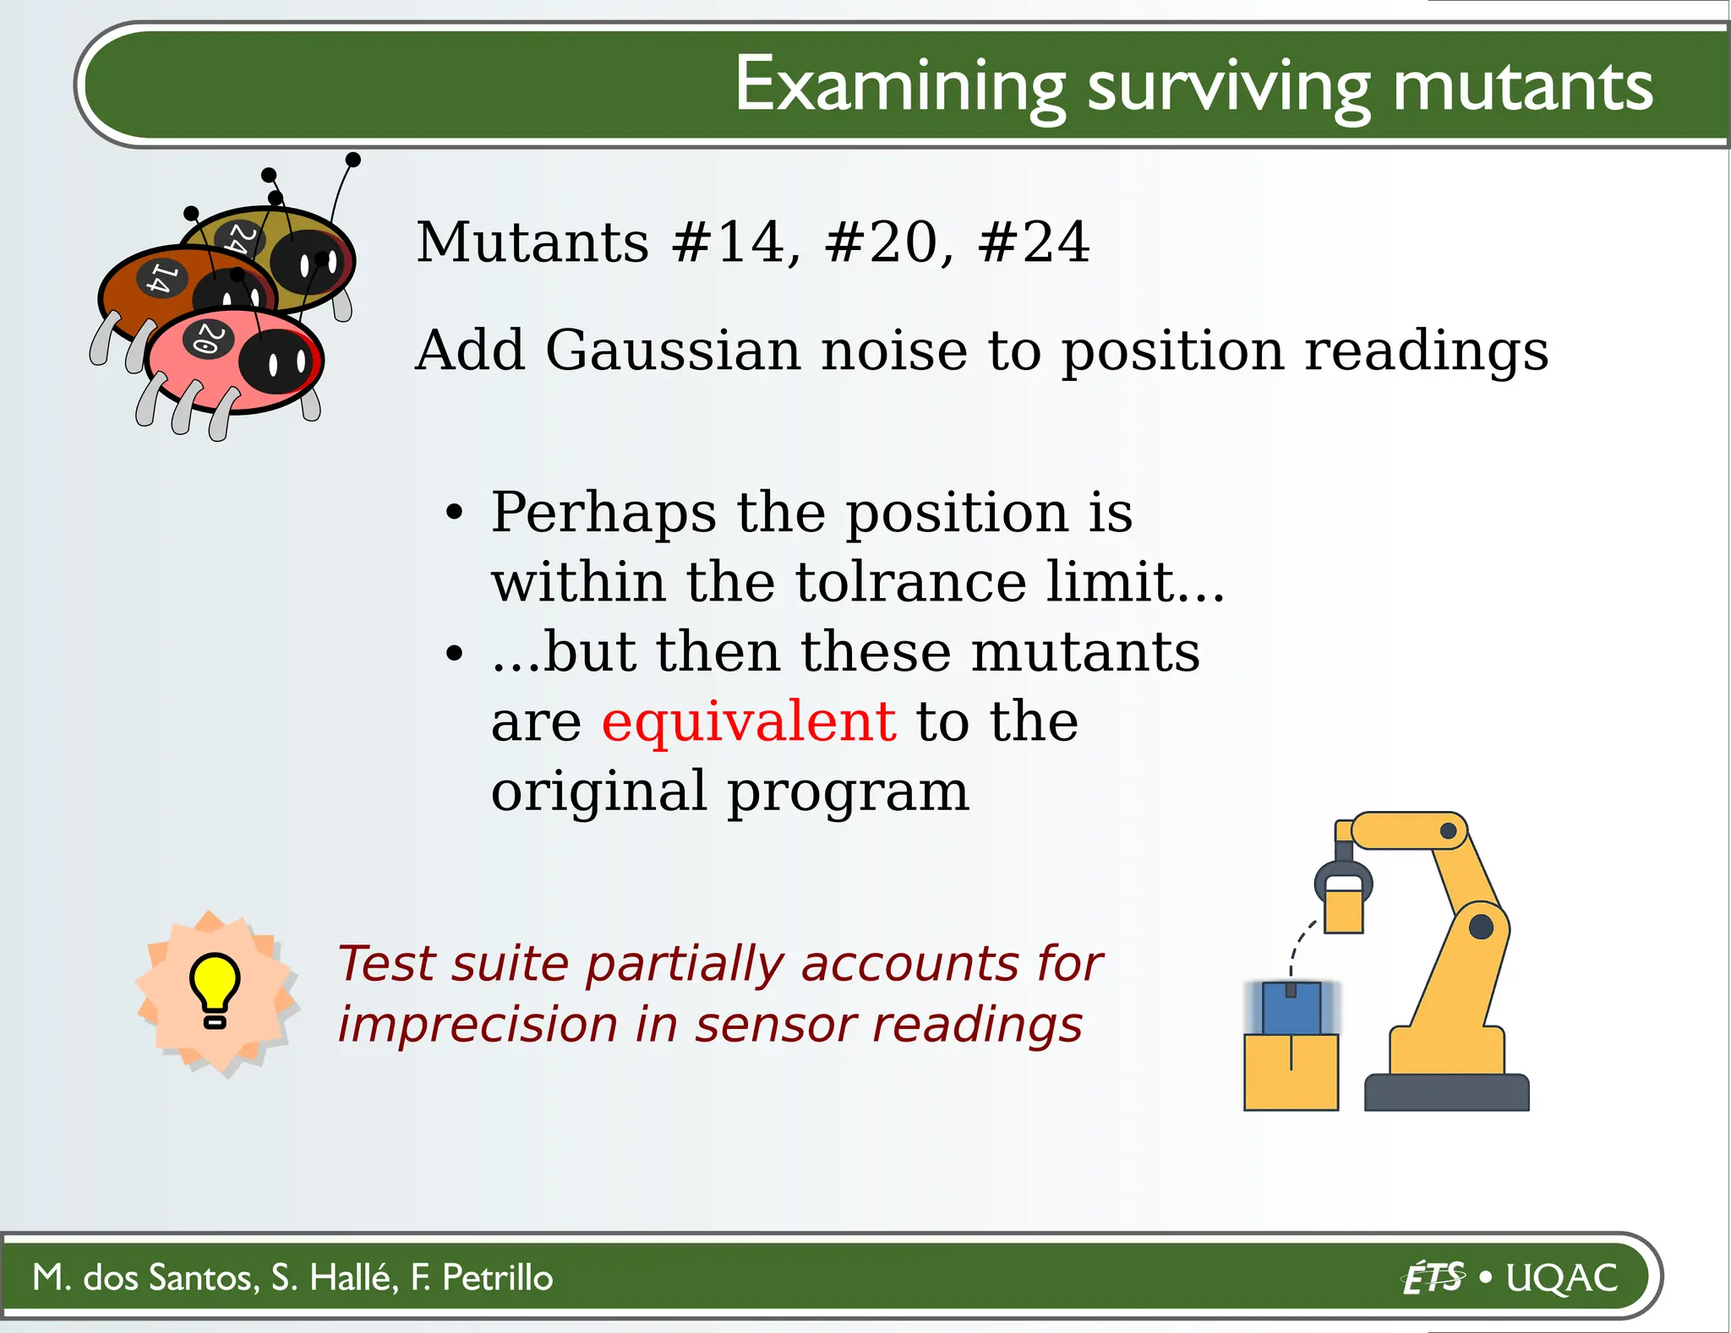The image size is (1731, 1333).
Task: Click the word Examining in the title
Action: point(900,84)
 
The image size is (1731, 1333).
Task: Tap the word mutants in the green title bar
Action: point(1521,86)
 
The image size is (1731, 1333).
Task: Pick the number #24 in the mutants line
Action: point(1034,242)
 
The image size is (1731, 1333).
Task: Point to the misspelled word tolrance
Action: point(910,582)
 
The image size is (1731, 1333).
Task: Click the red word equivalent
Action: point(749,721)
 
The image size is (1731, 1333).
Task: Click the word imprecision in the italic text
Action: point(478,1025)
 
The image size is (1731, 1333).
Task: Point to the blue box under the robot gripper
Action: point(1291,1008)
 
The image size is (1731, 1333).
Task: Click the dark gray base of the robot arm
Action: point(1446,1092)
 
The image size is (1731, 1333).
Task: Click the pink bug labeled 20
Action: point(232,363)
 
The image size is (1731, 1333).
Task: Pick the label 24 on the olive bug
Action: point(240,237)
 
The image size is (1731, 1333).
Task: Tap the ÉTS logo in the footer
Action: point(1433,1277)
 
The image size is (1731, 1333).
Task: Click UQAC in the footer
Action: point(1561,1277)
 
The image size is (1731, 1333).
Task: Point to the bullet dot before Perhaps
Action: point(455,513)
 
